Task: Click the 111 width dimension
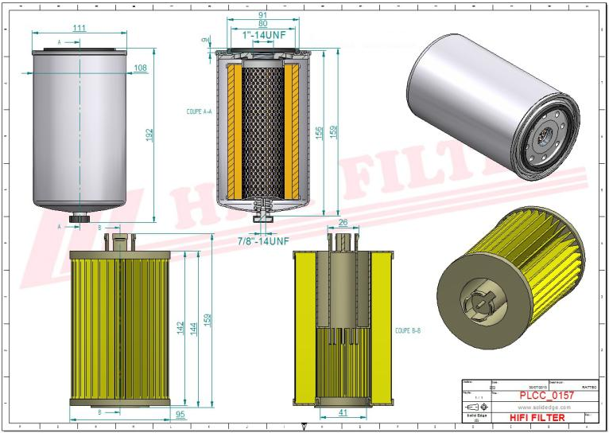point(79,28)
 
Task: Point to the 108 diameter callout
point(140,68)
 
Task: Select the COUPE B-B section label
point(406,328)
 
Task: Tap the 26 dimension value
point(343,223)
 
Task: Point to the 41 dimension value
point(343,413)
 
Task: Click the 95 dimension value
point(180,413)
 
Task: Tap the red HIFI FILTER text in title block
point(537,418)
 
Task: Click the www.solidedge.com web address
point(541,407)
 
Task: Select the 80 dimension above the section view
point(263,24)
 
